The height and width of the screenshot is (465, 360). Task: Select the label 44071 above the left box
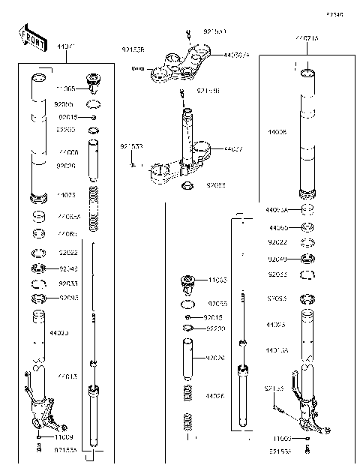tap(66, 47)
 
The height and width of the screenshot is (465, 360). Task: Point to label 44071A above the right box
tap(305, 37)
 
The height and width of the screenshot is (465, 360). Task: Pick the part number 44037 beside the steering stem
tap(232, 149)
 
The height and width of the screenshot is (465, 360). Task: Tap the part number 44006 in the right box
tap(277, 130)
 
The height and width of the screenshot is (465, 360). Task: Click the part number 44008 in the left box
tap(68, 152)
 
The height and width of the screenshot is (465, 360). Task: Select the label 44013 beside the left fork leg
tap(67, 376)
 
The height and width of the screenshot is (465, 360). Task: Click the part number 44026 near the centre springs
tap(215, 395)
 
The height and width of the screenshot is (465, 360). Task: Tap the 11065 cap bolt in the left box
tap(94, 81)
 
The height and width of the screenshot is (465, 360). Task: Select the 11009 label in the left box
tap(64, 436)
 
